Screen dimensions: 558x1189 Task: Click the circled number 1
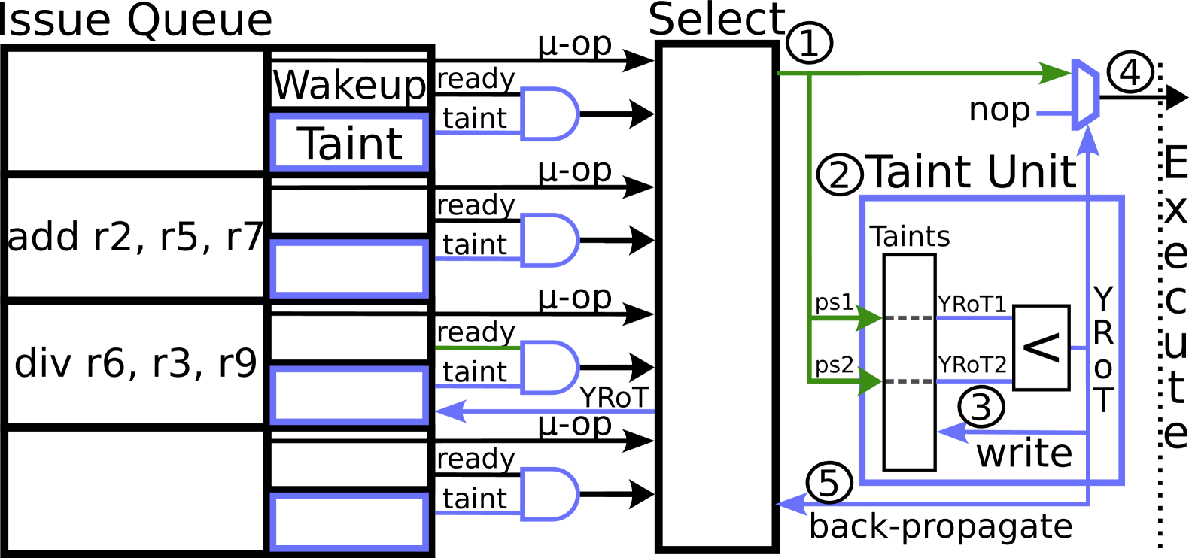click(x=809, y=43)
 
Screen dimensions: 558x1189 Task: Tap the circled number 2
click(x=840, y=174)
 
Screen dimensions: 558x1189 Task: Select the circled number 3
click(x=981, y=407)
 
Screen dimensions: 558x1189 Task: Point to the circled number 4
click(x=1130, y=72)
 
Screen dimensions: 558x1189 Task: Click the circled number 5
click(x=829, y=483)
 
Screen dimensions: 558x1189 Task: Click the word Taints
click(x=910, y=236)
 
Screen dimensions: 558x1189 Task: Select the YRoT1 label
click(x=972, y=305)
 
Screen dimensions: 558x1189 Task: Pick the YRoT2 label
click(x=972, y=365)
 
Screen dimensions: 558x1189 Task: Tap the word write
click(x=1024, y=453)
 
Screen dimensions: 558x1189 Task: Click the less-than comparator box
click(x=1042, y=347)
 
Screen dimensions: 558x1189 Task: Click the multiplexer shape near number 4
click(x=1085, y=95)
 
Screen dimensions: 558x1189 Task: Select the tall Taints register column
click(x=909, y=421)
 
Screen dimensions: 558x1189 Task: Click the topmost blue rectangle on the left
click(x=349, y=142)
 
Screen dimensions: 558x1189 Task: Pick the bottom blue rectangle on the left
click(x=349, y=522)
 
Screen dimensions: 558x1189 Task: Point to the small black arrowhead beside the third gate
click(x=640, y=367)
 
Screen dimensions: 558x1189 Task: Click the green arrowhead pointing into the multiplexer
click(x=1055, y=73)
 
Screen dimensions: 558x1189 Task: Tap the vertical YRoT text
click(x=1103, y=350)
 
